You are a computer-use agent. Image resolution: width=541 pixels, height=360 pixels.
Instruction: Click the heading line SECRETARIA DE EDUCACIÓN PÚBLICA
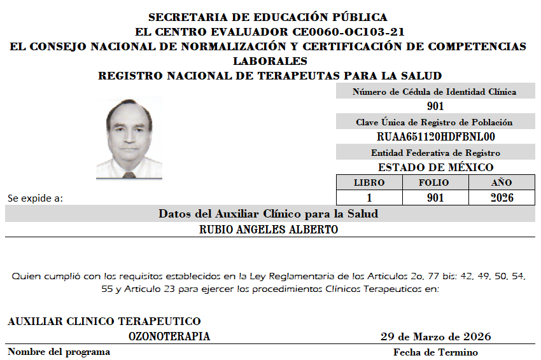click(267, 17)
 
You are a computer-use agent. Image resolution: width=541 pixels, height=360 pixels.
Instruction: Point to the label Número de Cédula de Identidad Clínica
click(435, 92)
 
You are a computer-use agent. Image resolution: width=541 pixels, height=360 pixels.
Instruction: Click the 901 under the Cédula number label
click(435, 107)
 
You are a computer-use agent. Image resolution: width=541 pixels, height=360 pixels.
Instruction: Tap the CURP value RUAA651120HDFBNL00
click(435, 137)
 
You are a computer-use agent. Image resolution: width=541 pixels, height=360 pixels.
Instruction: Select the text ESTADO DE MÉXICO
click(435, 167)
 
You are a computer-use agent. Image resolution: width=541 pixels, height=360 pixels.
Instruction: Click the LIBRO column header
click(369, 183)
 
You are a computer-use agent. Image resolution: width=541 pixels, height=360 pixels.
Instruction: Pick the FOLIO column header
click(435, 183)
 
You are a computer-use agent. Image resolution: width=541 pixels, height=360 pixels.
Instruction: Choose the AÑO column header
click(502, 183)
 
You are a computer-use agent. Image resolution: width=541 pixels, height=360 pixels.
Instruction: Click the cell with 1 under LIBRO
click(369, 198)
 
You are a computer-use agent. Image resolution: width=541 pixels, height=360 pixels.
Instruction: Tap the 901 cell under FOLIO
click(435, 198)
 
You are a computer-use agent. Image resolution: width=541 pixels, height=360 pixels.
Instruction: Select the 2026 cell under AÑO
click(502, 198)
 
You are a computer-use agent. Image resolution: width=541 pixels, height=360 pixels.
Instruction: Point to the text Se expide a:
click(35, 198)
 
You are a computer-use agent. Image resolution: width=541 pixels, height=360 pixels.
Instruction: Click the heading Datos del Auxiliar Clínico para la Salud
click(268, 214)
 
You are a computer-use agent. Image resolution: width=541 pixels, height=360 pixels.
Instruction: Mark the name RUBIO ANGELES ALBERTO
click(268, 230)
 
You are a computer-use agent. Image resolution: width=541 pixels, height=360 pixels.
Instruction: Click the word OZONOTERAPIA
click(169, 336)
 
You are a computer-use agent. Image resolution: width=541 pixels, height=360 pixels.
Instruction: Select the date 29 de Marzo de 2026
click(435, 336)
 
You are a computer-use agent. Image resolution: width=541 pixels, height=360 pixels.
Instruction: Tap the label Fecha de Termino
click(435, 352)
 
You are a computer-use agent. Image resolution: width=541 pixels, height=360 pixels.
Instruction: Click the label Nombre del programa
click(59, 352)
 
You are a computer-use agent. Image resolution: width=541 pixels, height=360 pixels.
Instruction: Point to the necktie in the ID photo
click(129, 174)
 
